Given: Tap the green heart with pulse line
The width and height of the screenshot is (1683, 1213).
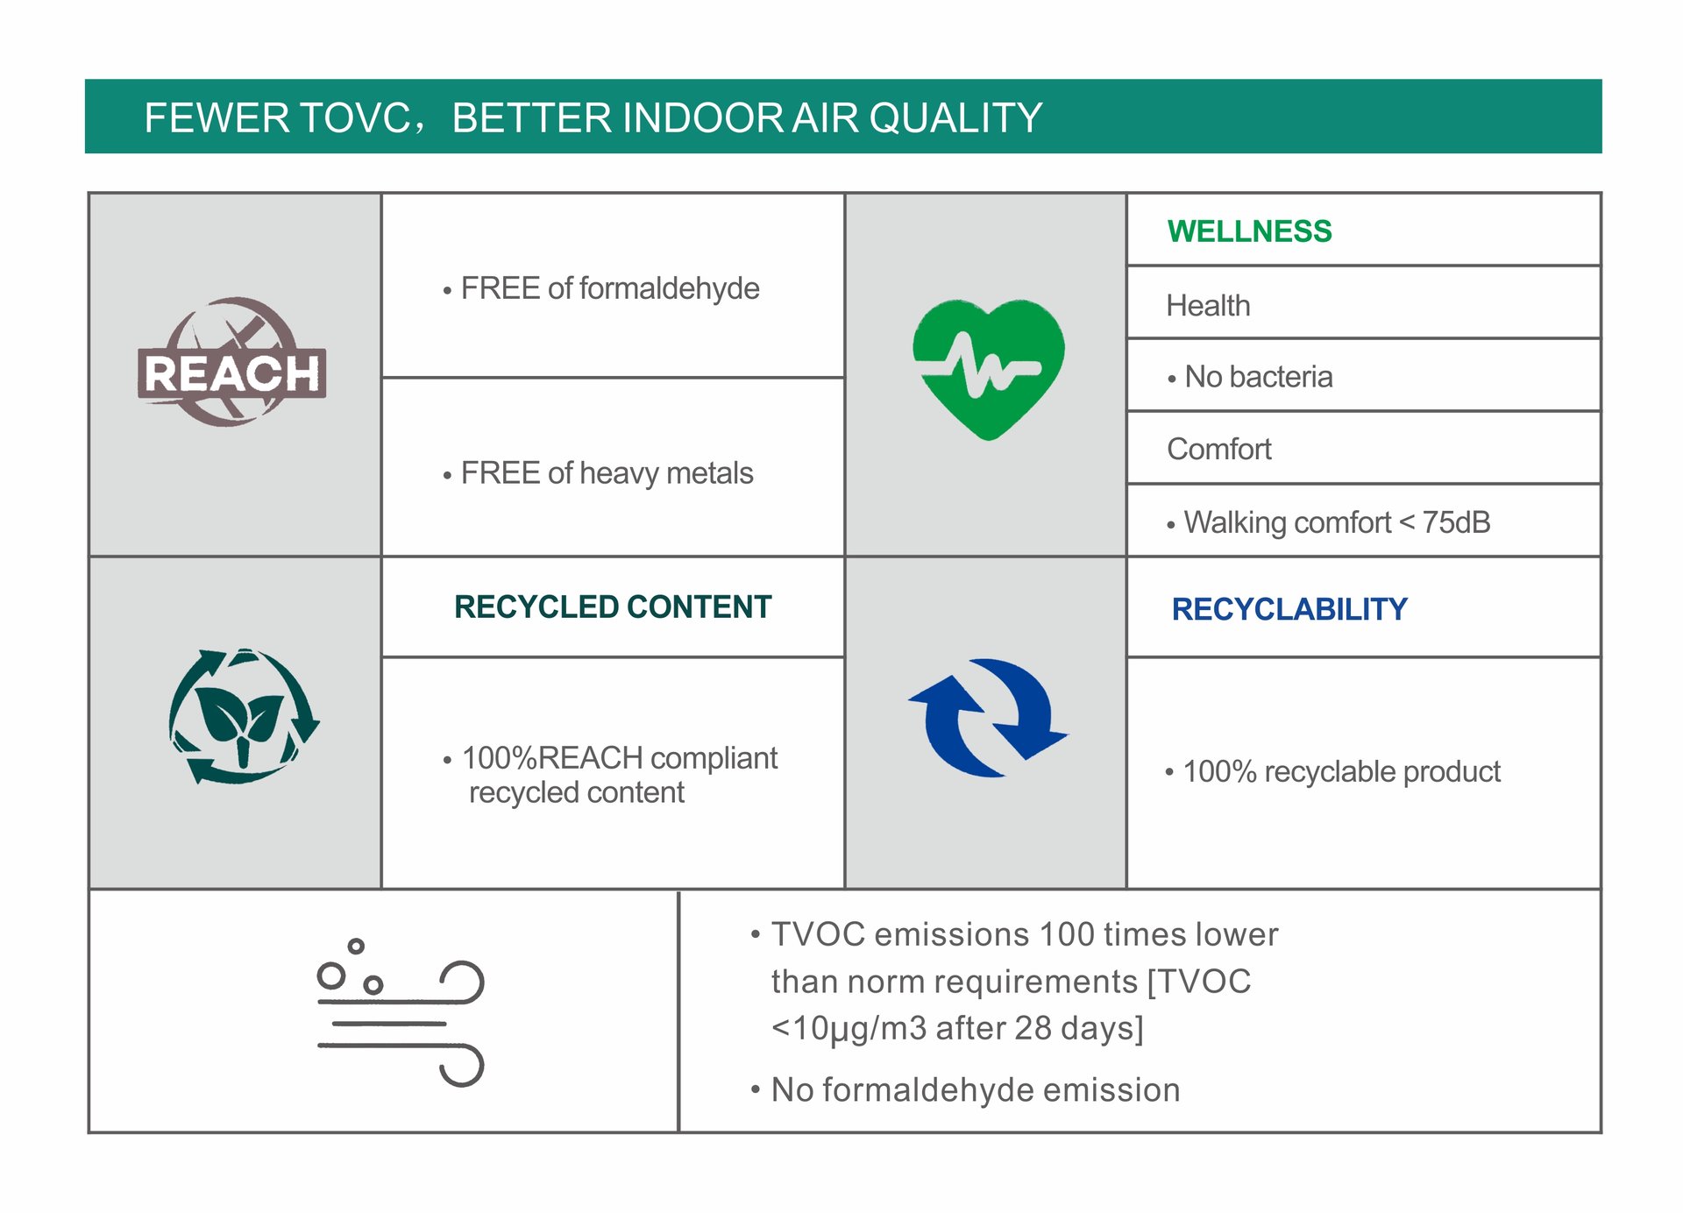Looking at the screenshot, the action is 988,369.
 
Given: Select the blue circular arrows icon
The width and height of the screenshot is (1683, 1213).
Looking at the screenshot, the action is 988,718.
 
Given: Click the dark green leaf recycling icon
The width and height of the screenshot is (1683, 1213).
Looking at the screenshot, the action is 244,716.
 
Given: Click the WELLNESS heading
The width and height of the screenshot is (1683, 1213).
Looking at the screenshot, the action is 1249,231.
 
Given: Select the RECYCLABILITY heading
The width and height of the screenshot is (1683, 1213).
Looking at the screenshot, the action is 1289,609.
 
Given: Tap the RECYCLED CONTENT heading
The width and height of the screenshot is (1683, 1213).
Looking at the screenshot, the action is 613,606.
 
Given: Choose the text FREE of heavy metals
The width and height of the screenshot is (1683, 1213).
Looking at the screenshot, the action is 607,473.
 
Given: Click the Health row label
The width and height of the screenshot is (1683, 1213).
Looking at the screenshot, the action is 1208,306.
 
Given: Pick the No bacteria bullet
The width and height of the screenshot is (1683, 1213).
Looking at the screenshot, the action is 1250,377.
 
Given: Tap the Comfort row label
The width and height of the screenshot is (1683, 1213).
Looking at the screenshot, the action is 1218,449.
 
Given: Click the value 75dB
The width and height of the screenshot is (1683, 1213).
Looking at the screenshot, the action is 1456,522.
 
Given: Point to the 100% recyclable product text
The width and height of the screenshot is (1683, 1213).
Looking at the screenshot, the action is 1341,772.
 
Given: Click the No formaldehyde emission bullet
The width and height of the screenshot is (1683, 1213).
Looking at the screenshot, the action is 976,1090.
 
